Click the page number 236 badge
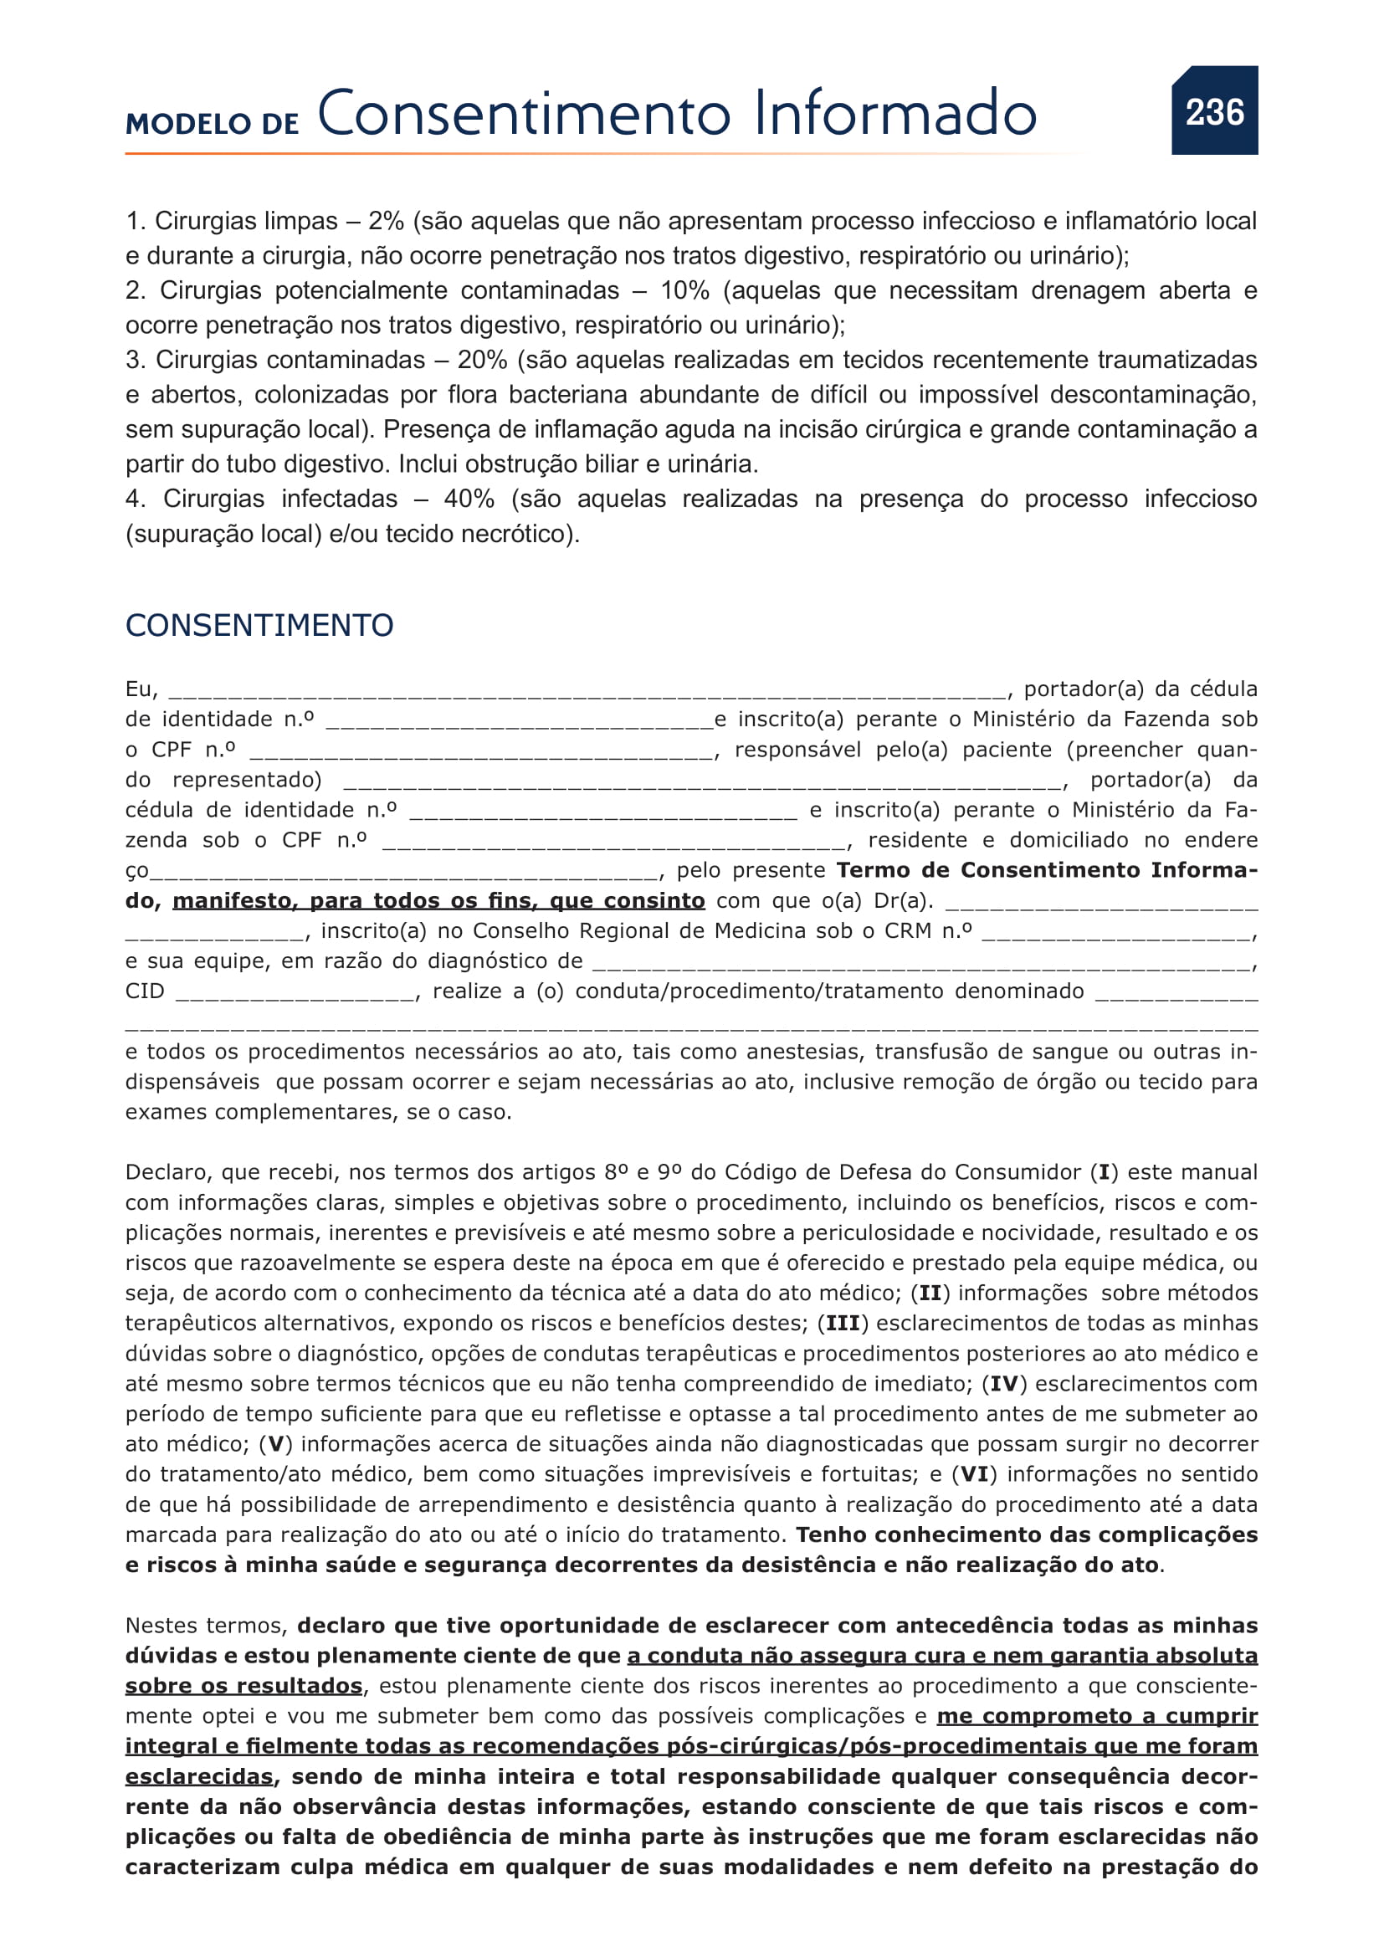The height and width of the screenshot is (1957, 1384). [1213, 111]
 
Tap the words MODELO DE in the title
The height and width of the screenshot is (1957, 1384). [213, 125]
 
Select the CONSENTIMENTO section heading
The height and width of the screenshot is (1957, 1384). [259, 626]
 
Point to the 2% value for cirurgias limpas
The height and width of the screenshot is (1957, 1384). [385, 222]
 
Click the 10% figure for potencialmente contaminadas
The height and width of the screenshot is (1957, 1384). [684, 290]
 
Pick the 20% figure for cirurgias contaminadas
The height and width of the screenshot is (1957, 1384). [482, 360]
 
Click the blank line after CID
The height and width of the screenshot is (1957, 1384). [295, 994]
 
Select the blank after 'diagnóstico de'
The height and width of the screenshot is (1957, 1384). [920, 964]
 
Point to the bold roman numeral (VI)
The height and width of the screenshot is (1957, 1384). [974, 1474]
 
